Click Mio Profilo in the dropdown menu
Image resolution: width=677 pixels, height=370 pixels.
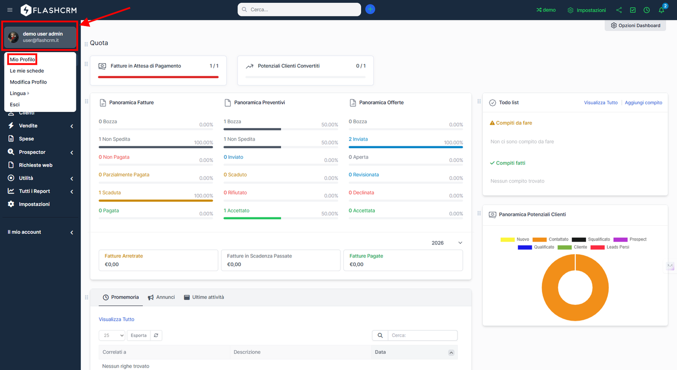(22, 59)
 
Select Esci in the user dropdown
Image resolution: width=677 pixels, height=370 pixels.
(15, 104)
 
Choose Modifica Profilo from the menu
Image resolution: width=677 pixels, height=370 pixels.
(28, 82)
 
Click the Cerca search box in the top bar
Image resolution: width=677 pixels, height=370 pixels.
(300, 10)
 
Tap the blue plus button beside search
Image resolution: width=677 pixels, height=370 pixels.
(370, 9)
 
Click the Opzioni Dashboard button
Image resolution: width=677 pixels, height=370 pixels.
(635, 26)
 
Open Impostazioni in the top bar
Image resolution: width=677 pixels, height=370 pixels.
(587, 10)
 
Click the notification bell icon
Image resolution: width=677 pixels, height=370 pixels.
(661, 10)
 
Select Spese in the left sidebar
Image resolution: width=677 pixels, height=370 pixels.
(26, 139)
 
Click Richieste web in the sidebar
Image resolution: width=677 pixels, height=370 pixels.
(35, 165)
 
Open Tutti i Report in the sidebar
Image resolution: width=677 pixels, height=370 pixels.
(34, 191)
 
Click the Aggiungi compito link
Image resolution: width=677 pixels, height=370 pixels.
(643, 103)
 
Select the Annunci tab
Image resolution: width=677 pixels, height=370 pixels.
(162, 298)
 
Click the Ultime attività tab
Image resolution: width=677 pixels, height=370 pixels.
(204, 298)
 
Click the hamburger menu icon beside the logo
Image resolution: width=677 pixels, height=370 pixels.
(10, 10)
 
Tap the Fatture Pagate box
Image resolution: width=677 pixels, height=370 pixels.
(403, 260)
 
